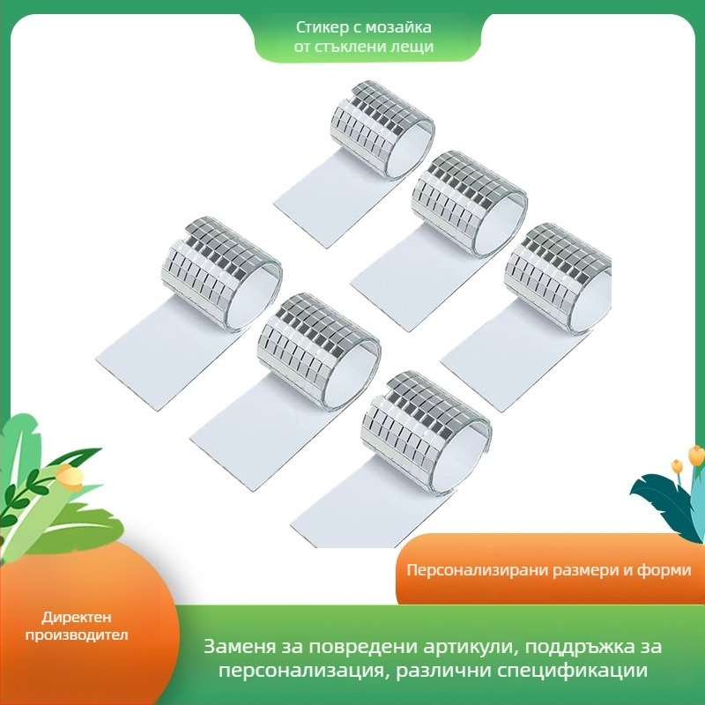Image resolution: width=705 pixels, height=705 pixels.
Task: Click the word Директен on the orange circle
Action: [77, 618]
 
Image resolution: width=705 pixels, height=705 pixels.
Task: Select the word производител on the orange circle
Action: [77, 634]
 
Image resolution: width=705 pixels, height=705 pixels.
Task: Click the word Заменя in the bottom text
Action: [239, 647]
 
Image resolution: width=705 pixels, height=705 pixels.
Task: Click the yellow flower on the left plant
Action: [70, 478]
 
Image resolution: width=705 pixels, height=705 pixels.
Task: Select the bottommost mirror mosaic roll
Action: [392, 459]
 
